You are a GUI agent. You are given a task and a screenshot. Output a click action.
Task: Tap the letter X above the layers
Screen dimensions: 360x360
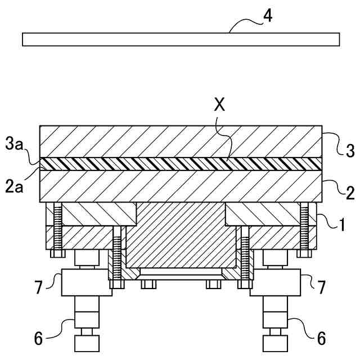point(220,106)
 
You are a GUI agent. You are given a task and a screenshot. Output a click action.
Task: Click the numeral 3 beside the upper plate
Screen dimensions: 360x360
point(349,150)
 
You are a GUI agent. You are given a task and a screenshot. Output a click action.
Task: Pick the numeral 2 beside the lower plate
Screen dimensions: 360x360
point(349,194)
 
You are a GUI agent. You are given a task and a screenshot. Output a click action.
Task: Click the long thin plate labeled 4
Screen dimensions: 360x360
point(180,39)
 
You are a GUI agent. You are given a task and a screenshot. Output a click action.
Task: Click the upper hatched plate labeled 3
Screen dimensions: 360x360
point(180,142)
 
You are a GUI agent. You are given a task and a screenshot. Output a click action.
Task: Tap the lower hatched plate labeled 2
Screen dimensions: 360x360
point(180,185)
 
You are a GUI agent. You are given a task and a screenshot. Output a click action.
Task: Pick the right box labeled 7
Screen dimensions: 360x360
point(278,282)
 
